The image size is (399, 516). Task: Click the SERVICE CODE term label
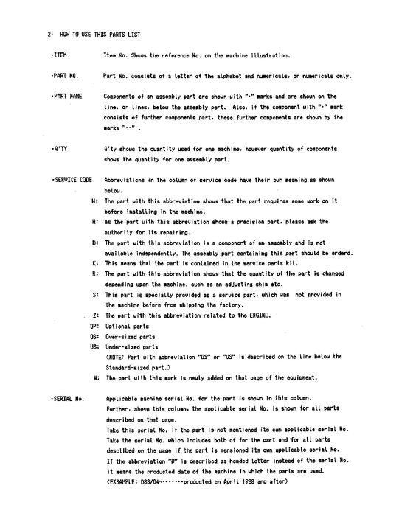[72, 179]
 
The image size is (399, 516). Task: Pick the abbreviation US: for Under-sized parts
[94, 346]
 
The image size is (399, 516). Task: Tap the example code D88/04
[151, 481]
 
